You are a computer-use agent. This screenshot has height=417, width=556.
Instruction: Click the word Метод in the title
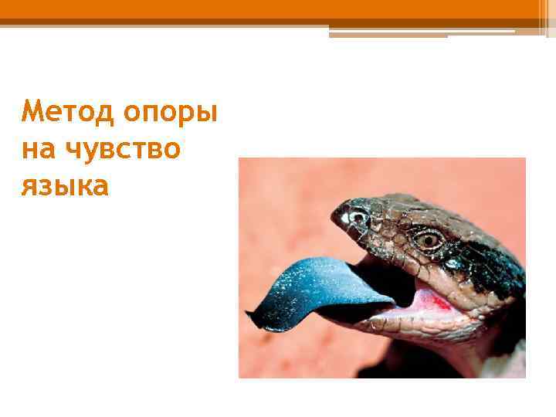click(60, 114)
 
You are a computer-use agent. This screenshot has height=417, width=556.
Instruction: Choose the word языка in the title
click(66, 185)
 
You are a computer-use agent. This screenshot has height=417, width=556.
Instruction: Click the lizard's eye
click(427, 239)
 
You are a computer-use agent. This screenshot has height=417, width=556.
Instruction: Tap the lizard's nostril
click(357, 217)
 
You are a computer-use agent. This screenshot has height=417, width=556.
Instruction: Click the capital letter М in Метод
click(32, 114)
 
